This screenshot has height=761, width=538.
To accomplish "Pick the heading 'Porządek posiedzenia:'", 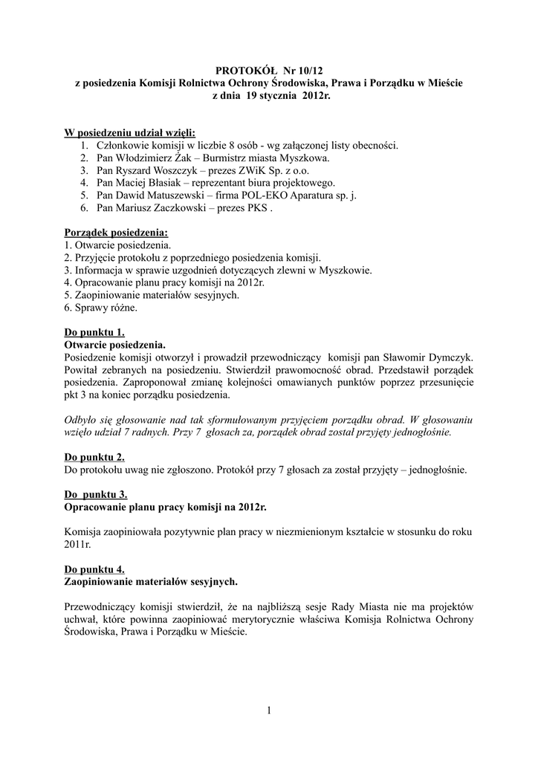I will click(x=106, y=233).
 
